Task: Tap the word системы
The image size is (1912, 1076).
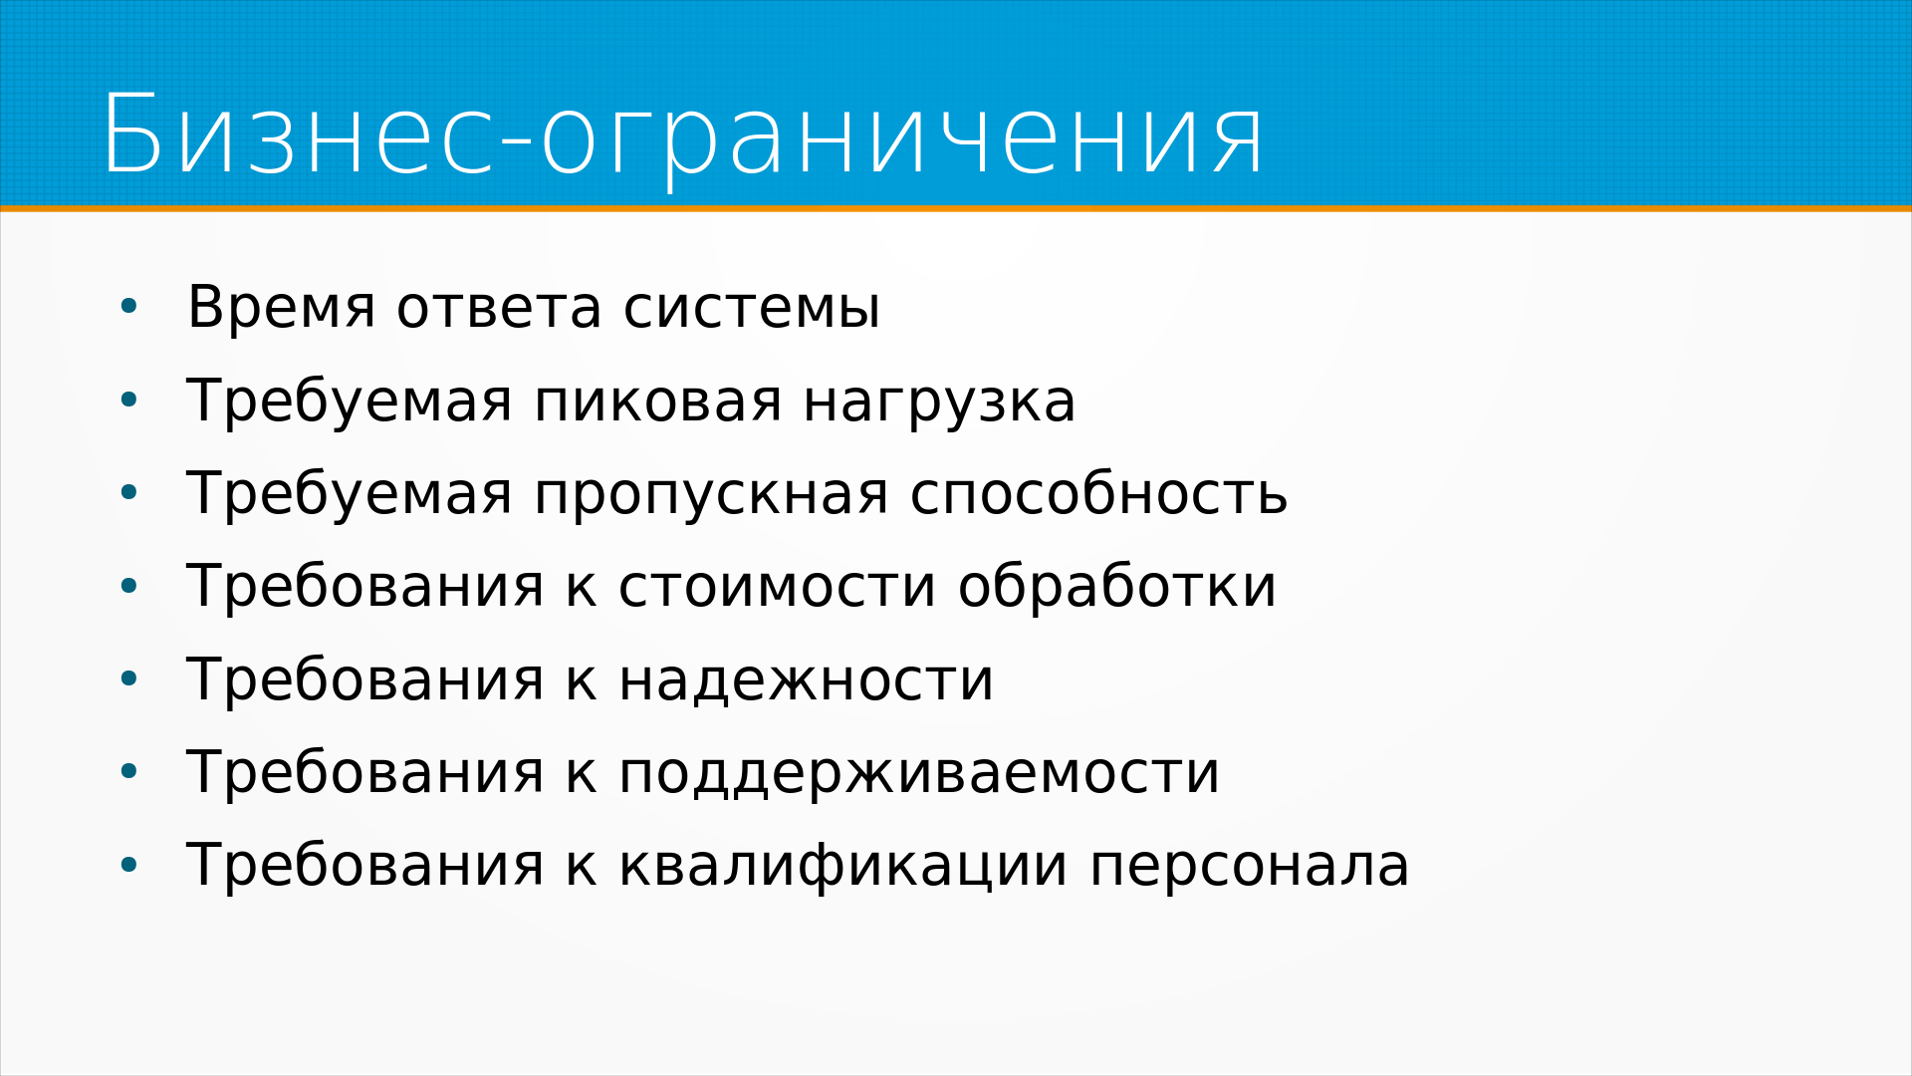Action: (x=752, y=308)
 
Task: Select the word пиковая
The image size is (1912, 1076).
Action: (x=657, y=402)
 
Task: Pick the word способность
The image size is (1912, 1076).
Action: (x=1098, y=492)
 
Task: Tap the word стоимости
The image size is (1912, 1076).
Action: (x=777, y=587)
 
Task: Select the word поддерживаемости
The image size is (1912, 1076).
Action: (x=918, y=774)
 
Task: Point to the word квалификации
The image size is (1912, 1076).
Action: (x=842, y=867)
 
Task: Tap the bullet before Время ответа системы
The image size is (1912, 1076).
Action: (x=128, y=308)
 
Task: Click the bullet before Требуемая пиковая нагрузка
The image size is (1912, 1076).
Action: (x=128, y=402)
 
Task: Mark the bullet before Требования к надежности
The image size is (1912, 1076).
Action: (x=128, y=679)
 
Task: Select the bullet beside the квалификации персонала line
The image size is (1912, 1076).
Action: (x=128, y=866)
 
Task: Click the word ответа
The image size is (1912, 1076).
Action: (x=500, y=308)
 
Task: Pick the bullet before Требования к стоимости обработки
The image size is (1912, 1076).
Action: (x=128, y=587)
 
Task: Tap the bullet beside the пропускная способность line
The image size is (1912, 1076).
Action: (x=128, y=494)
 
